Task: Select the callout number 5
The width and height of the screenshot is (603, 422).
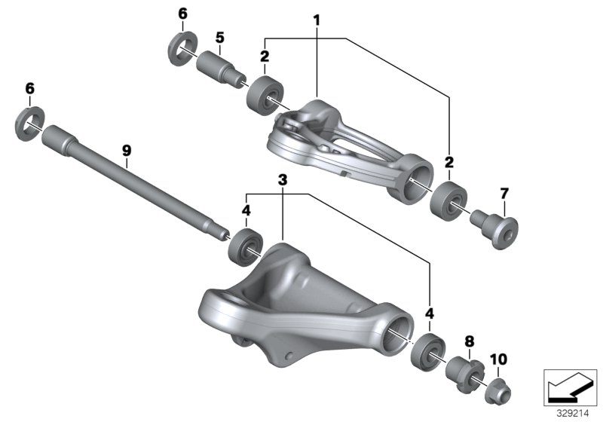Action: pos(220,37)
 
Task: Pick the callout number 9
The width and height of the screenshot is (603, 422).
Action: pos(127,151)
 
